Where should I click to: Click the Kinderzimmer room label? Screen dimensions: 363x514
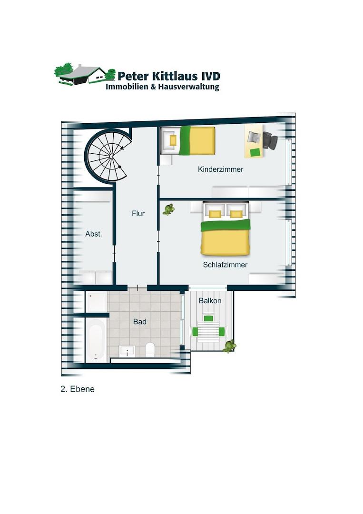pos(220,169)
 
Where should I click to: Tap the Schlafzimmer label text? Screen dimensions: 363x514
pos(225,265)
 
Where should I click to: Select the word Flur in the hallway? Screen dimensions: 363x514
pos(138,213)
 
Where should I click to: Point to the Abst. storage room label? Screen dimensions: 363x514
pos(94,234)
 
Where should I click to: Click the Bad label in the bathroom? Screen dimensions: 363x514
pos(139,322)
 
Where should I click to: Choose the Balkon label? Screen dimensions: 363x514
pos(210,301)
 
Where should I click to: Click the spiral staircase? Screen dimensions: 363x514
pos(108,155)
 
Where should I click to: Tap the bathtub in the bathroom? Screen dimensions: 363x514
pos(96,340)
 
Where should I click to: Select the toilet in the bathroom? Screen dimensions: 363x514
pos(150,349)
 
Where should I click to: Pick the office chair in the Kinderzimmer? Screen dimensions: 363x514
pos(270,140)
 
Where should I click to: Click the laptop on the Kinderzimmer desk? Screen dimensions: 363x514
pos(253,137)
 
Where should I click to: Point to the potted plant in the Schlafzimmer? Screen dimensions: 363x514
pos(168,209)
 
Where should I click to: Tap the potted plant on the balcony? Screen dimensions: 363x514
pos(229,346)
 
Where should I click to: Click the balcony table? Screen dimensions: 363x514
pos(208,332)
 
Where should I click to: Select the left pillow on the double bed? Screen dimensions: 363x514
pos(215,214)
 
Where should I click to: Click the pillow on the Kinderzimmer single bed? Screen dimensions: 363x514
pos(173,140)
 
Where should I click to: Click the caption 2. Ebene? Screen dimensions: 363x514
pos(78,389)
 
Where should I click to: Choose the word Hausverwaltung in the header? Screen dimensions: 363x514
pos(189,87)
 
